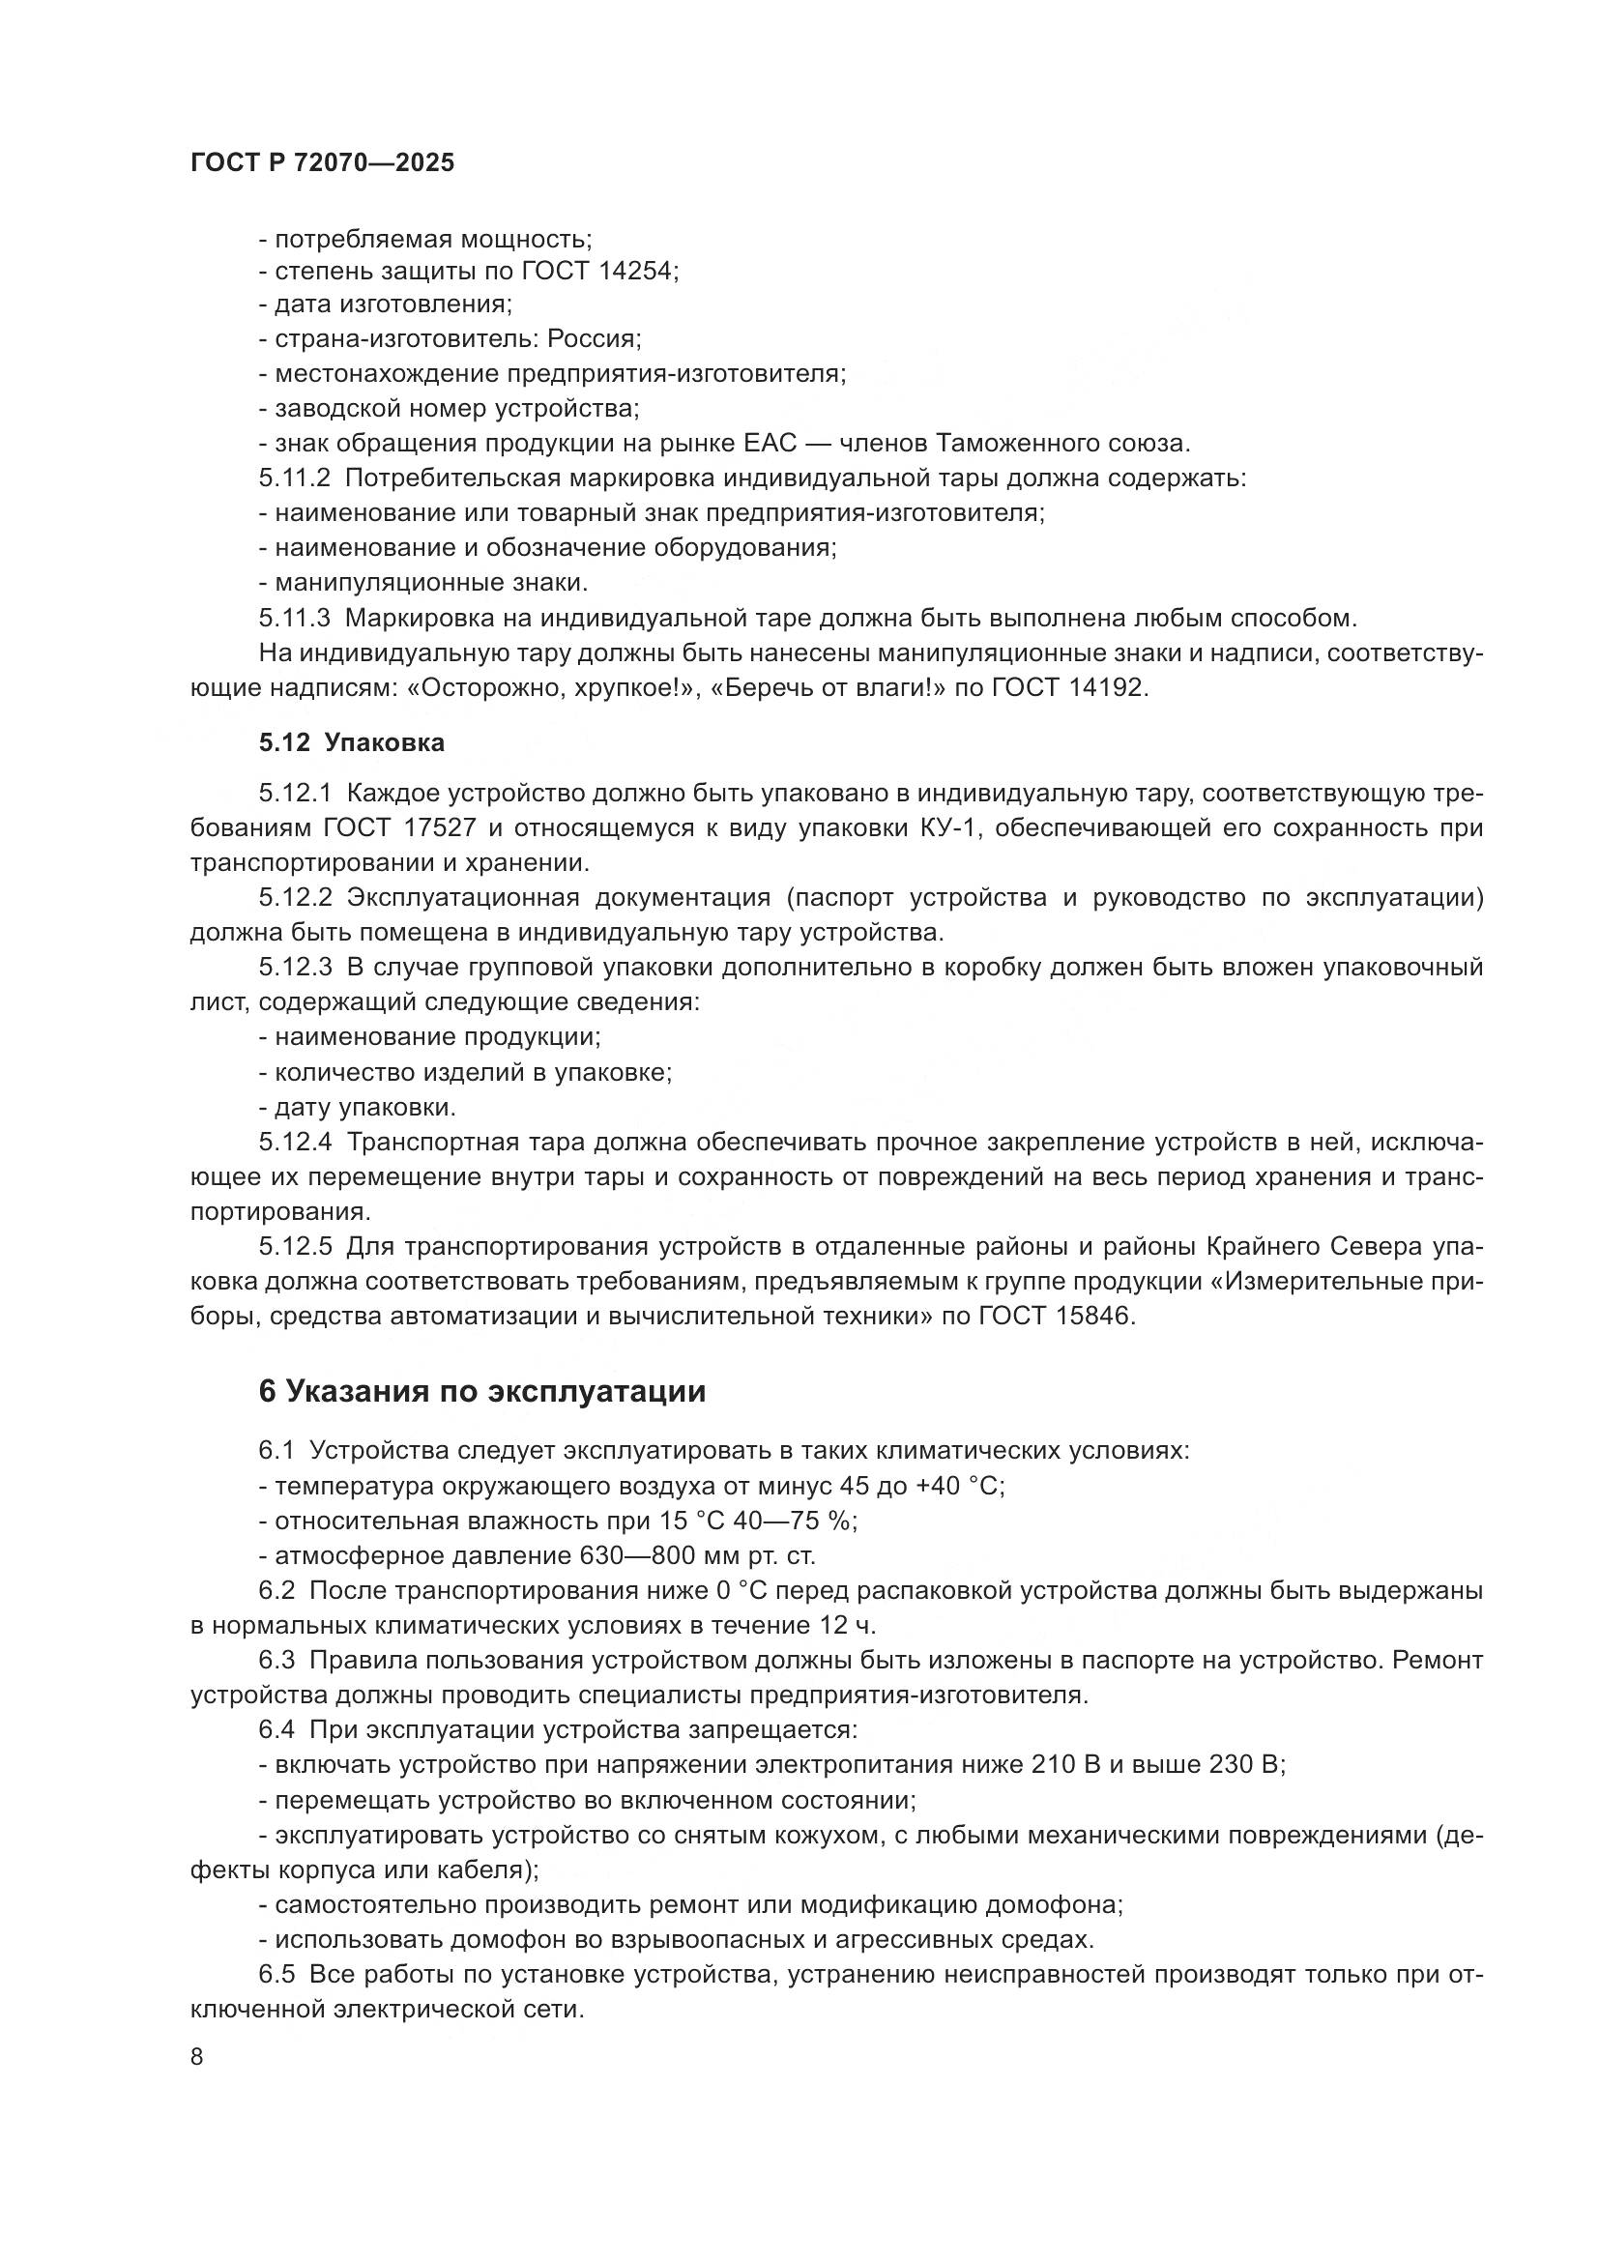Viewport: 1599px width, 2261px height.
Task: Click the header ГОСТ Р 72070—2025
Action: click(x=322, y=163)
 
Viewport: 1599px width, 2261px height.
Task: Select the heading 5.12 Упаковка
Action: click(x=352, y=742)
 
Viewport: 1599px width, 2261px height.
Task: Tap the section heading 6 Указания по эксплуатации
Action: click(x=481, y=1390)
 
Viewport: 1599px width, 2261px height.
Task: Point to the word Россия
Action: click(x=594, y=339)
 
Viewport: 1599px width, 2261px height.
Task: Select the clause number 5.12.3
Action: click(x=297, y=967)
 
